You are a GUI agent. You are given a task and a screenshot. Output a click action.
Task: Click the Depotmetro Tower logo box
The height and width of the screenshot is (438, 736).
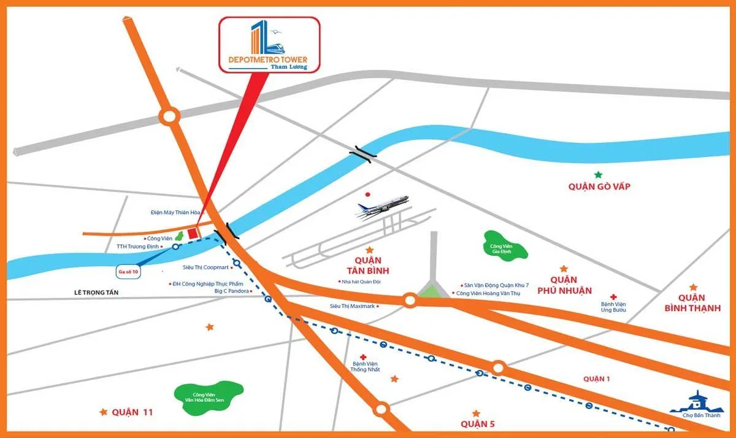pos(270,45)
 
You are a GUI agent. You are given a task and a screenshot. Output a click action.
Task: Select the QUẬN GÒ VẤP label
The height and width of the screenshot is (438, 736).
pos(599,186)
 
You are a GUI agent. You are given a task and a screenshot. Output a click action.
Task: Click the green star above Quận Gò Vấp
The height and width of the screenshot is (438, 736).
pos(598,175)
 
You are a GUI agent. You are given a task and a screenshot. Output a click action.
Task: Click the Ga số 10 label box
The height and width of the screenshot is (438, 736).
pos(129,270)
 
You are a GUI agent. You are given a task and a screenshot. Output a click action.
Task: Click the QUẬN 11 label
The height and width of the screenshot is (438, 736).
pos(132,412)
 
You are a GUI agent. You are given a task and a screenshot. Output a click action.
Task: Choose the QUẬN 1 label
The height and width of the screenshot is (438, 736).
pos(597,379)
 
